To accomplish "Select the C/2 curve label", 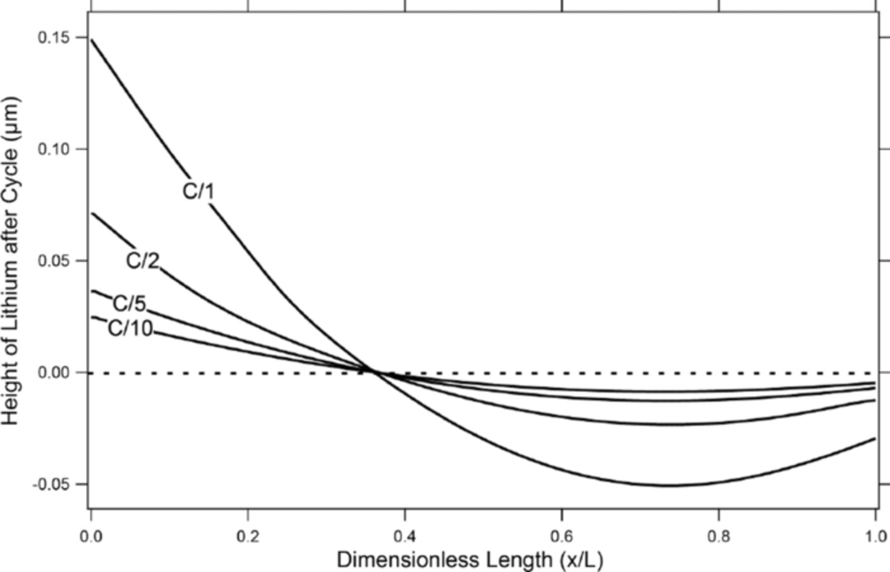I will coord(143,261).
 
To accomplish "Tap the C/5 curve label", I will coord(130,304).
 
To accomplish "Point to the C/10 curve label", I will coord(130,328).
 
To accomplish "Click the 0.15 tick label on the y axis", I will coord(54,38).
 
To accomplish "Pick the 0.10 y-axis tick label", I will coord(54,149).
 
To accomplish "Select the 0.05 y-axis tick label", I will coord(54,261).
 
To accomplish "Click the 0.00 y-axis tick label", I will coord(54,372).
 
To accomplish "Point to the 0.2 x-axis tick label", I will coord(248,536).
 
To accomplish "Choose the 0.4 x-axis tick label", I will coord(404,536).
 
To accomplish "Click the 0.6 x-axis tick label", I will coord(562,536).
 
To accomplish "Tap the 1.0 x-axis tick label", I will coord(876,536).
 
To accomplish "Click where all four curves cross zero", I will coord(376,372).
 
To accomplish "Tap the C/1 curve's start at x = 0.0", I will coord(92,40).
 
